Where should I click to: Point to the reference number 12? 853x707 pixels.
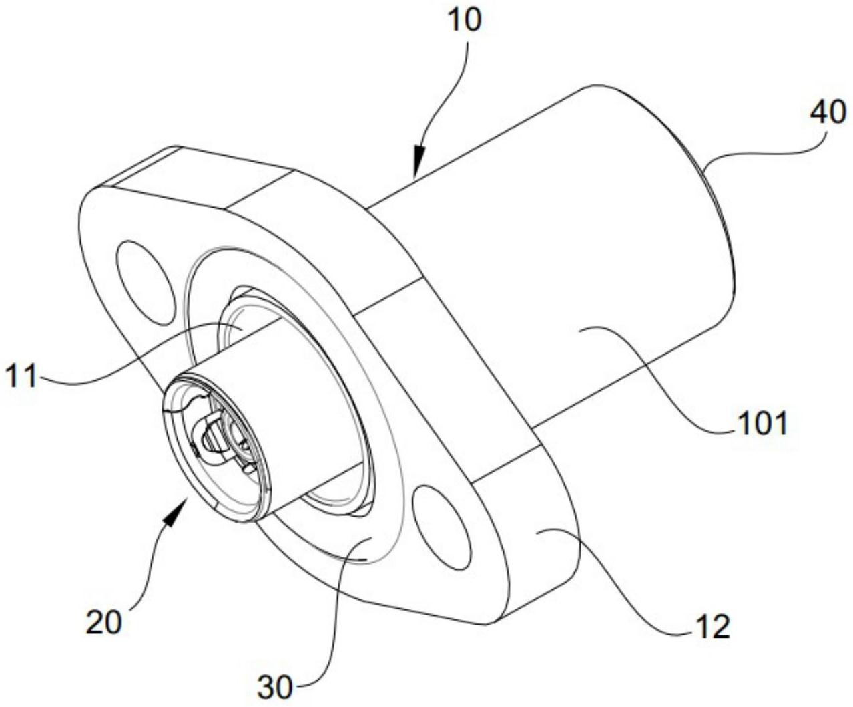(713, 627)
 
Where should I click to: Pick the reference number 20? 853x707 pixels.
(104, 622)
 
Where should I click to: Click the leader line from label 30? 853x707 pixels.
(337, 621)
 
